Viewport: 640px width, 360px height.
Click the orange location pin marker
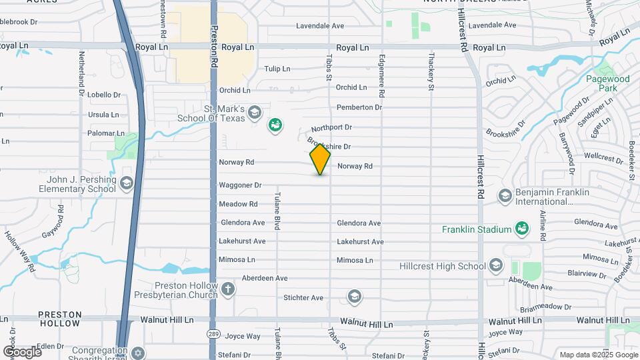point(320,159)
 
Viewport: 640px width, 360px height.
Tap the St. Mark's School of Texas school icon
point(254,113)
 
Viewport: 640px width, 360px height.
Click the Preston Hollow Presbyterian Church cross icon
point(228,289)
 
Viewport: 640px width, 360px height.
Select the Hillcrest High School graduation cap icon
point(495,266)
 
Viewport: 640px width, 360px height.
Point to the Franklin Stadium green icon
point(523,229)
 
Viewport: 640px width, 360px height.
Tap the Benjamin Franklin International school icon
point(505,196)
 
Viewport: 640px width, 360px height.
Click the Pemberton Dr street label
point(359,107)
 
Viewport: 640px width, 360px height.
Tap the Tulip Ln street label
point(277,69)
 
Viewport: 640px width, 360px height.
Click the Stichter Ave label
point(303,297)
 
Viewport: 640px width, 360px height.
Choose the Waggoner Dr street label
point(239,185)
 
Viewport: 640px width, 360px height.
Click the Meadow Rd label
point(238,204)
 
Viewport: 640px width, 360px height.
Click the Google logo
point(21,351)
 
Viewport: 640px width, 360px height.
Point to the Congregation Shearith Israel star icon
point(138,351)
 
